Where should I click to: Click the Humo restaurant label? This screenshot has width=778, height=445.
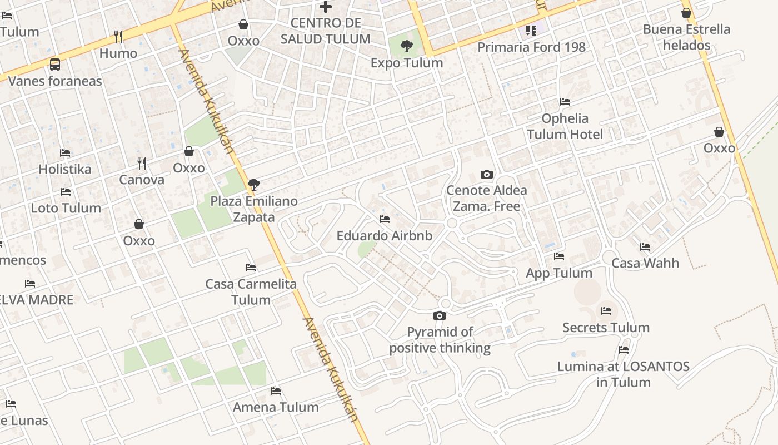(x=118, y=53)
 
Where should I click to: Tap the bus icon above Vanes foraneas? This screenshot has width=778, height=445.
(x=55, y=65)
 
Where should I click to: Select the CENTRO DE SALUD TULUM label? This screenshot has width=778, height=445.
(x=325, y=31)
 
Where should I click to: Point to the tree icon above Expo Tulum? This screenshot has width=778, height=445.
(x=407, y=46)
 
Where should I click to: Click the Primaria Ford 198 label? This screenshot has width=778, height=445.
(x=531, y=47)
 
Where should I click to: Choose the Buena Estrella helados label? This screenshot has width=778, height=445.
(x=686, y=37)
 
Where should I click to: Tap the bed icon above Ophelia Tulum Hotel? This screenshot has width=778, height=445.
(x=565, y=102)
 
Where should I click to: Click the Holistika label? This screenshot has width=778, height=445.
(x=64, y=169)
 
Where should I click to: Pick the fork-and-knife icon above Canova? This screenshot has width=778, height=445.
(x=142, y=163)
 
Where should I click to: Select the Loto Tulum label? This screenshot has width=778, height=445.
(x=66, y=208)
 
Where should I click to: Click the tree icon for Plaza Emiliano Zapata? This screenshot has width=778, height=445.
(x=254, y=184)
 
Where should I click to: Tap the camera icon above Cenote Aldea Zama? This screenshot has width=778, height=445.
(x=487, y=174)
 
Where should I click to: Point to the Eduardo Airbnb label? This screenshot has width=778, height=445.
(x=384, y=236)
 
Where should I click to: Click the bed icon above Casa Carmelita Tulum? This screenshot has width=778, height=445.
(x=251, y=268)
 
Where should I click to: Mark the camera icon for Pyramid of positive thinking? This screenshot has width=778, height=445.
(x=440, y=316)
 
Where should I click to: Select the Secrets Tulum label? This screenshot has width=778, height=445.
(x=606, y=328)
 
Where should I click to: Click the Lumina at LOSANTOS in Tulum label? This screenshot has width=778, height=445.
(x=623, y=374)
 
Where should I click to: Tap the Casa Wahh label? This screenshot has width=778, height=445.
(x=645, y=263)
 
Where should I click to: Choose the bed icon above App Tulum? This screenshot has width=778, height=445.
(x=559, y=256)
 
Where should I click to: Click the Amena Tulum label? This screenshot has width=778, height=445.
(x=276, y=407)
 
